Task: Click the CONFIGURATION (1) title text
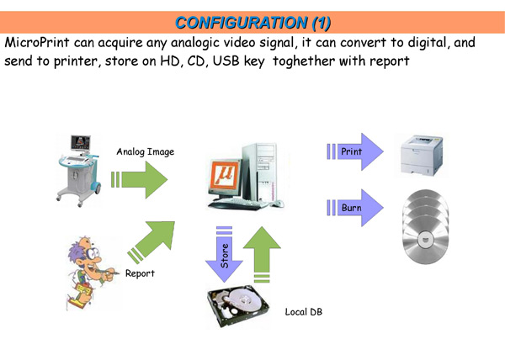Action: pos(252,23)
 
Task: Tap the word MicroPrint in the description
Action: pos(37,42)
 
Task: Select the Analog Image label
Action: pos(146,151)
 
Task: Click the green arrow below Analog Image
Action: pos(139,179)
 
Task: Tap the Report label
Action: pos(140,273)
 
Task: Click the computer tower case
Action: pos(260,172)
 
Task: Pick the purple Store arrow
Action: pos(224,254)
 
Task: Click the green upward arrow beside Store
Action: pos(262,255)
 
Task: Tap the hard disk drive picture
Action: pos(237,305)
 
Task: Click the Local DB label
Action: pos(304,312)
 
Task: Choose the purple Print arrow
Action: pos(355,151)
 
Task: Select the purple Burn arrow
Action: pos(355,208)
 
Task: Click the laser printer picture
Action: pos(422,155)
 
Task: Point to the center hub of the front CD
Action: pos(426,240)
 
